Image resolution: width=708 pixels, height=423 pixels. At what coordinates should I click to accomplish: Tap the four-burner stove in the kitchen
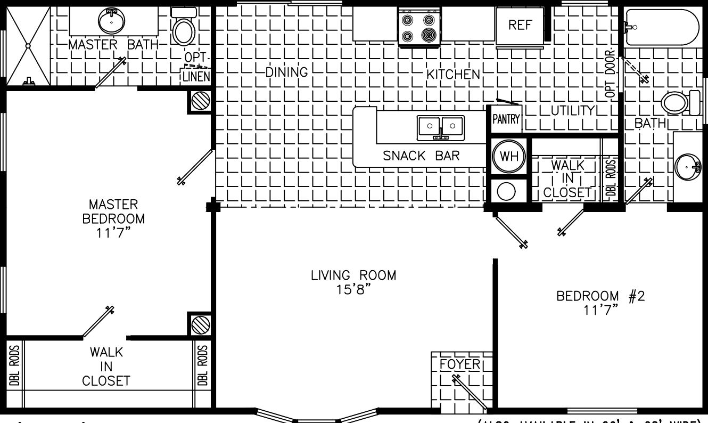[418, 28]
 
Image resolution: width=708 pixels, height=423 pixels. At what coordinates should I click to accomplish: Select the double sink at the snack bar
[441, 127]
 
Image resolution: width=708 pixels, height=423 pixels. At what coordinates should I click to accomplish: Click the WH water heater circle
[509, 157]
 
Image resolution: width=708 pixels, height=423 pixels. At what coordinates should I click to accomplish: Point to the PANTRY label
[505, 119]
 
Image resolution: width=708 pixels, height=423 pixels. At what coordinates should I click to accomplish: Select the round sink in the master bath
[112, 20]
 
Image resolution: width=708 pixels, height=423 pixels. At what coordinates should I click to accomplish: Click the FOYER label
[460, 364]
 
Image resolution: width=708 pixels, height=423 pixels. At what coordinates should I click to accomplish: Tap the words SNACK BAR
[421, 156]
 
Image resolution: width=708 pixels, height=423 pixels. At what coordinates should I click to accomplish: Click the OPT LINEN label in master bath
[196, 69]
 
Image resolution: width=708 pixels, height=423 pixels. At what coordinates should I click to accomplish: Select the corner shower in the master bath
[28, 46]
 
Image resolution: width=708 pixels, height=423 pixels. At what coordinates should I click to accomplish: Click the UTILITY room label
[572, 111]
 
